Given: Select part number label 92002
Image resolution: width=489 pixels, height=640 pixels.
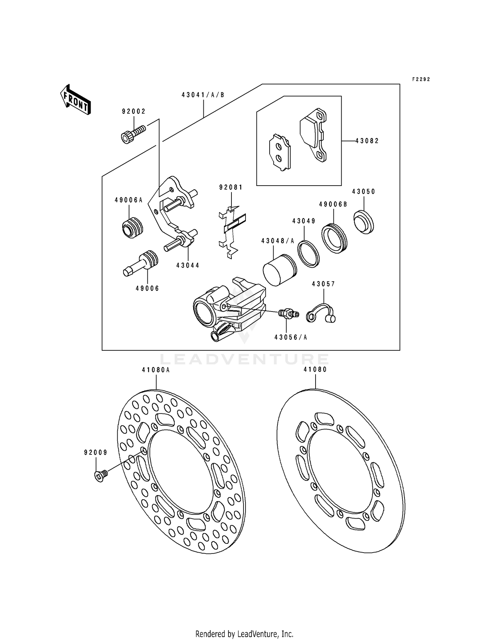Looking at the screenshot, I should [134, 112].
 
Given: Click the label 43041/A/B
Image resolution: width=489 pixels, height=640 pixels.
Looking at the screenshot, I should [203, 95].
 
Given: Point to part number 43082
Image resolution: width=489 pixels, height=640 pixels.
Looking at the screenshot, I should [367, 141].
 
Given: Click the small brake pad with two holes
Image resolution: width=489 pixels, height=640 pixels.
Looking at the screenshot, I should [280, 152].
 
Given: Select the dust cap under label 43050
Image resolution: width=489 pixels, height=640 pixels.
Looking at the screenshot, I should [364, 222].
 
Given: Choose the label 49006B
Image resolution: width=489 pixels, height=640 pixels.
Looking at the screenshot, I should [333, 204].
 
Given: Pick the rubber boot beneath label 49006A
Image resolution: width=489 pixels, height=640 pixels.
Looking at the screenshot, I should [132, 227].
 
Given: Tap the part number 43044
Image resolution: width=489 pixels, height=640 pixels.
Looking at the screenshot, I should [188, 266].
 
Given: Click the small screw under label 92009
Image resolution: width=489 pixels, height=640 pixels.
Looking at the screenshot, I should [101, 476].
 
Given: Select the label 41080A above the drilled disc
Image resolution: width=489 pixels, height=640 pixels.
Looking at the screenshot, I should [156, 370].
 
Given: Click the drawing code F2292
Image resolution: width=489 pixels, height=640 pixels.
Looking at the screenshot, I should [421, 79].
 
